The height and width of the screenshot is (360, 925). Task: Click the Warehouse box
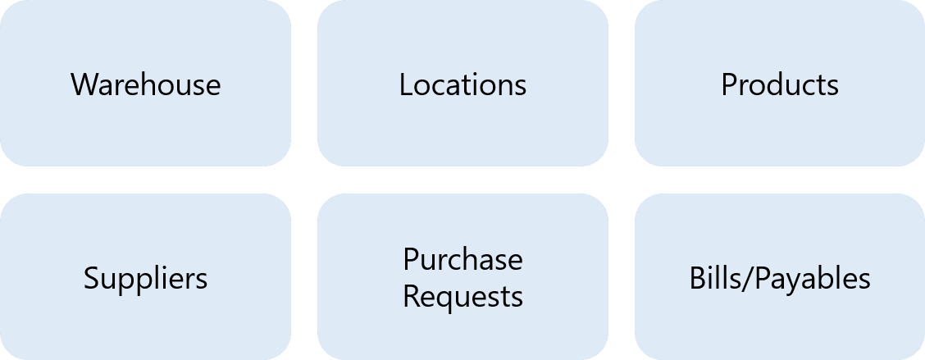click(145, 83)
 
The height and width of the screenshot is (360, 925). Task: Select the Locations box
click(462, 83)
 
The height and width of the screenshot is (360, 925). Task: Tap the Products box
click(780, 83)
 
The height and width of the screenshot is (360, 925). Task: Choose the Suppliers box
click(145, 277)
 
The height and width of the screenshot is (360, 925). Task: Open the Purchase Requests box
click(462, 277)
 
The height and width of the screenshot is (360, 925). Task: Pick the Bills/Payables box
click(780, 277)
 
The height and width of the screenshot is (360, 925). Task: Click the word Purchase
click(462, 259)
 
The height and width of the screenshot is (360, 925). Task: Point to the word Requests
click(462, 296)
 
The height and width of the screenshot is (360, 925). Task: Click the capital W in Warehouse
click(83, 84)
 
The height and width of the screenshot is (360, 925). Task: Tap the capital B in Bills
click(696, 279)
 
